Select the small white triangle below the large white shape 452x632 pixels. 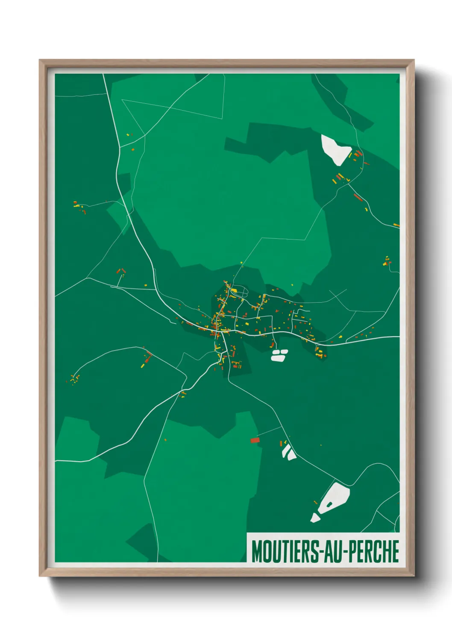(x=315, y=518)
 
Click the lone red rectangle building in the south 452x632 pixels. (x=255, y=440)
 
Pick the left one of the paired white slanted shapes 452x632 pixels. (x=285, y=451)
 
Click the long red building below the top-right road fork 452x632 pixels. (x=358, y=197)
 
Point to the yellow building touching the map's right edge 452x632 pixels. (x=396, y=225)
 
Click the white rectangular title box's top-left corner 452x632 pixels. (x=247, y=533)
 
